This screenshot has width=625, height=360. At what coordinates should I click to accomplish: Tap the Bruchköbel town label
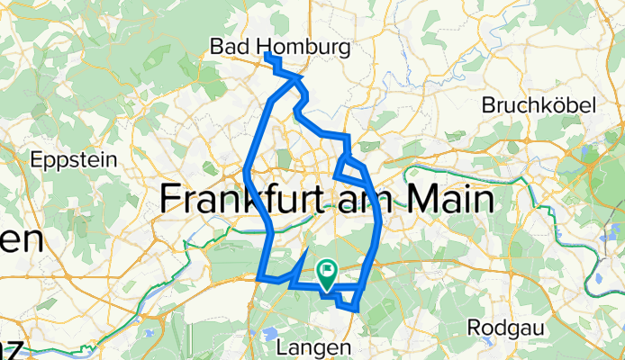[x=539, y=105]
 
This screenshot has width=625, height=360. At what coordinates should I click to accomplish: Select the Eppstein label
[x=75, y=160]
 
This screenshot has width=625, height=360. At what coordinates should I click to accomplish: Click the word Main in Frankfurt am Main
[x=448, y=198]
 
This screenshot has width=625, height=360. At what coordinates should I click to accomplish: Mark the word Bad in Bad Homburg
[x=228, y=44]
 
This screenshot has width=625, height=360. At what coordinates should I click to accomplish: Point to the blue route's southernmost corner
[x=358, y=309]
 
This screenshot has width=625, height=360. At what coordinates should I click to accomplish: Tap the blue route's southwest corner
[x=260, y=277]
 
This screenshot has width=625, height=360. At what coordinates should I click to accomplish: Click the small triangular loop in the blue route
[x=348, y=167]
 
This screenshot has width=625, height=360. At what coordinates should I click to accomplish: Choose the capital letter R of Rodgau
[x=474, y=327]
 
